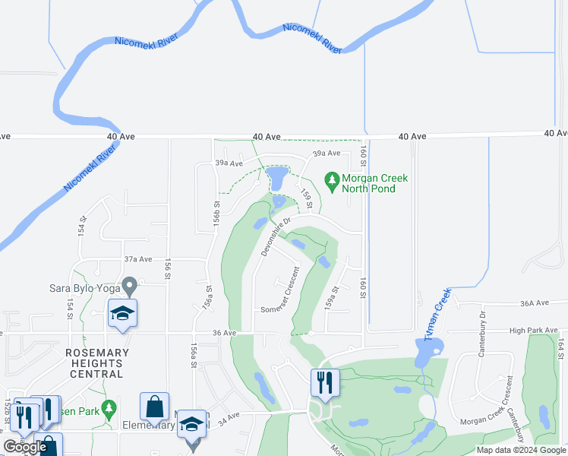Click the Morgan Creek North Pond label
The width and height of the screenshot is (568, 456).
point(374,183)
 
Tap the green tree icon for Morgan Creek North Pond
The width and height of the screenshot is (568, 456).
point(331,180)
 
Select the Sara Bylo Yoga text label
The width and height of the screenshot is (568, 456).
point(76,287)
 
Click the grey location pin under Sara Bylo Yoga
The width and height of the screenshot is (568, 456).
point(129,287)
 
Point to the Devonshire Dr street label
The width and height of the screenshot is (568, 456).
point(277,236)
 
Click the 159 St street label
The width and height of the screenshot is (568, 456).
point(307,199)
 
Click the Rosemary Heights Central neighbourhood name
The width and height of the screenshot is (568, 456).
point(94,363)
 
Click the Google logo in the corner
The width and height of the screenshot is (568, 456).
point(25,447)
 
